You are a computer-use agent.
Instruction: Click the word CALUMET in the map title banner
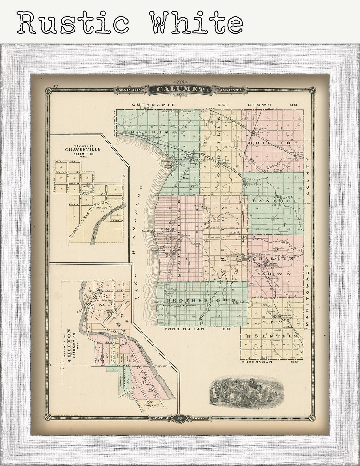pyautogui.click(x=180, y=90)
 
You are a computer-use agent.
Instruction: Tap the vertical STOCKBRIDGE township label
pyautogui.click(x=179, y=243)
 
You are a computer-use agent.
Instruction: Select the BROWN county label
pyautogui.click(x=259, y=104)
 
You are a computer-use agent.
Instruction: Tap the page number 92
pyautogui.click(x=55, y=86)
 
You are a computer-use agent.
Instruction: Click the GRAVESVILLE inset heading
pyautogui.click(x=83, y=149)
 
